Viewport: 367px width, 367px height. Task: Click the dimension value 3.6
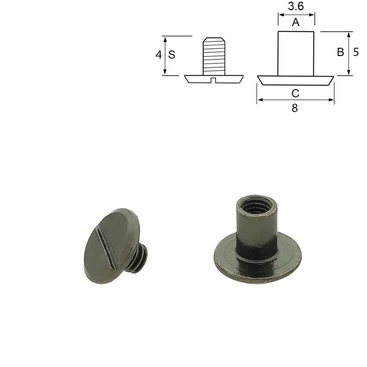(x=296, y=7)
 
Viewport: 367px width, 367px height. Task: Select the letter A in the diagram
(x=296, y=22)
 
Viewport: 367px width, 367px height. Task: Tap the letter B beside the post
(x=340, y=52)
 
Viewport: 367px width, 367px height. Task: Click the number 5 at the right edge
(x=356, y=52)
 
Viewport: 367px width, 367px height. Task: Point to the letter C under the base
(x=295, y=94)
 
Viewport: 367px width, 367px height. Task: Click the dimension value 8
(x=295, y=108)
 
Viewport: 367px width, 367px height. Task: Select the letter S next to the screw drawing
(x=172, y=55)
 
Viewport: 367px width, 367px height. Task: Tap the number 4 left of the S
(x=159, y=55)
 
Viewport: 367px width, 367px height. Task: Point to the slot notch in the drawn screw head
(x=213, y=80)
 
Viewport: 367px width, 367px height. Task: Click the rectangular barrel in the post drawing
(x=296, y=53)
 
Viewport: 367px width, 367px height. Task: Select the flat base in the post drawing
(x=295, y=80)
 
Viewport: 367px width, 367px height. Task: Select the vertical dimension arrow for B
(x=349, y=53)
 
